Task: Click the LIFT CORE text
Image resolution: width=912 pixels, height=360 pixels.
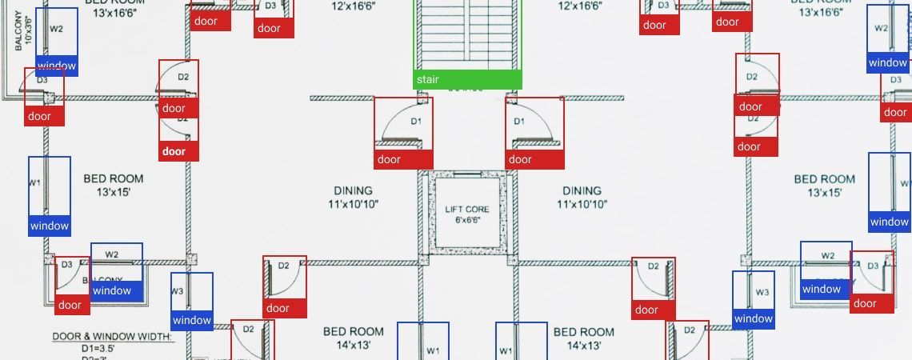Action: (x=466, y=209)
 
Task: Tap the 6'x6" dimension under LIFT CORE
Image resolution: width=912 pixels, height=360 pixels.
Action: (x=466, y=219)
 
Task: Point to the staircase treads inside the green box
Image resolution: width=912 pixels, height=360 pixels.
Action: (x=467, y=36)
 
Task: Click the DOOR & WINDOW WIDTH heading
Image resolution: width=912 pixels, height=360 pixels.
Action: (x=113, y=337)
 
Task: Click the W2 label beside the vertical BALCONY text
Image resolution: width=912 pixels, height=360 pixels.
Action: (x=56, y=29)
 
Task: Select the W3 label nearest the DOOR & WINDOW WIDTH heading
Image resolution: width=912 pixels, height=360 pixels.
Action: (x=178, y=291)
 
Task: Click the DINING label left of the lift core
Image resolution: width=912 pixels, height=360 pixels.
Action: (x=353, y=191)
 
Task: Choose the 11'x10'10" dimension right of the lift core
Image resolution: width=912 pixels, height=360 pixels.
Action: (x=582, y=204)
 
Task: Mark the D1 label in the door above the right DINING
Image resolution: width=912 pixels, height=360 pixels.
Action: (x=519, y=122)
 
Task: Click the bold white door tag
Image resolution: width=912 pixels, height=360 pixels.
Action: (x=174, y=151)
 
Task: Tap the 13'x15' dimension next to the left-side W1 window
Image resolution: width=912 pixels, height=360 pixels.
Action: (x=114, y=192)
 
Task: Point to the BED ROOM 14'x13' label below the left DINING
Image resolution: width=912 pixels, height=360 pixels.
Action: (x=353, y=338)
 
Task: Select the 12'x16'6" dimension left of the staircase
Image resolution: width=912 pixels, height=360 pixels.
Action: (x=353, y=6)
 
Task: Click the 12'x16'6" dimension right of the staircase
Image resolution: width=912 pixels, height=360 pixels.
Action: (x=580, y=6)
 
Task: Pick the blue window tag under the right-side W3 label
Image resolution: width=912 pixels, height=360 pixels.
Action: (x=754, y=319)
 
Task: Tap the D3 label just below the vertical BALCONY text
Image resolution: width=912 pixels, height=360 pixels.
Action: (x=42, y=80)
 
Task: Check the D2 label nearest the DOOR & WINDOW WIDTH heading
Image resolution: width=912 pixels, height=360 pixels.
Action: (x=248, y=329)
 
